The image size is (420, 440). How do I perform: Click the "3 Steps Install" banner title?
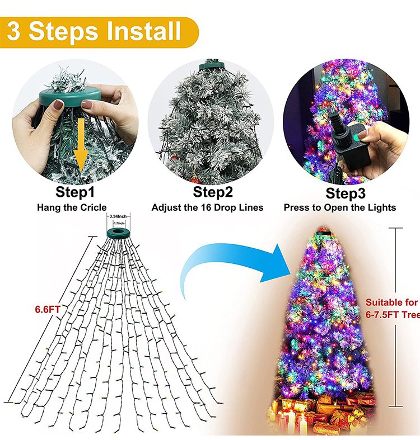coord(94,31)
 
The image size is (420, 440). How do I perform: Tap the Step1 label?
coord(75,192)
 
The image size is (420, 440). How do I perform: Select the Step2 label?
coord(213,192)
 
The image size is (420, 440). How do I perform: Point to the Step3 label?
coord(346,193)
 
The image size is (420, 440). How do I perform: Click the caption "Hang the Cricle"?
coord(72,207)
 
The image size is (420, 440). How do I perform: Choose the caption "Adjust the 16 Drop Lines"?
coord(207,207)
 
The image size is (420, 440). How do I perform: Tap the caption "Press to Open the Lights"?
coord(340,207)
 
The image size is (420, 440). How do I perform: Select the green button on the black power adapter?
coord(357,138)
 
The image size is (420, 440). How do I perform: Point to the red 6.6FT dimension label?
coord(48,310)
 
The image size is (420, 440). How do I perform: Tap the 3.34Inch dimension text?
coord(118,216)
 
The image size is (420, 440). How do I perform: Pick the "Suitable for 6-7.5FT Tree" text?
coord(393,309)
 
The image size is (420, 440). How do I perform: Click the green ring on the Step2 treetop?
coord(212,66)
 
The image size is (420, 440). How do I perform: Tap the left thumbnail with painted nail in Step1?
coord(58,105)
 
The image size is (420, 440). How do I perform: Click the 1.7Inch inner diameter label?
coord(118,224)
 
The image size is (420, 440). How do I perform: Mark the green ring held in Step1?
coord(70,97)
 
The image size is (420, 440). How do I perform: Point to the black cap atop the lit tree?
coord(324,233)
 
